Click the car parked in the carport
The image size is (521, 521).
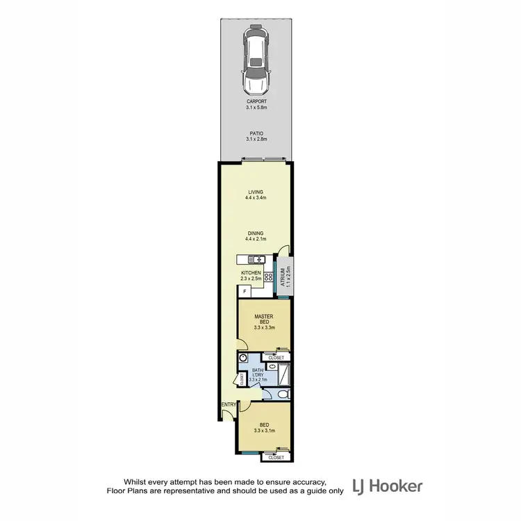tap(254, 61)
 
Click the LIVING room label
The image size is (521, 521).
tap(255, 192)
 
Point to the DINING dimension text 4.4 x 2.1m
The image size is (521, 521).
tap(255, 239)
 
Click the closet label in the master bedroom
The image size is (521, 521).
tap(276, 357)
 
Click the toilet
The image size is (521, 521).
tap(279, 394)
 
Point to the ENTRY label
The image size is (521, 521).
tap(228, 404)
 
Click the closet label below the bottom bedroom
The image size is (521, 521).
tap(276, 458)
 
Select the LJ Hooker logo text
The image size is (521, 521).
tap(387, 486)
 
